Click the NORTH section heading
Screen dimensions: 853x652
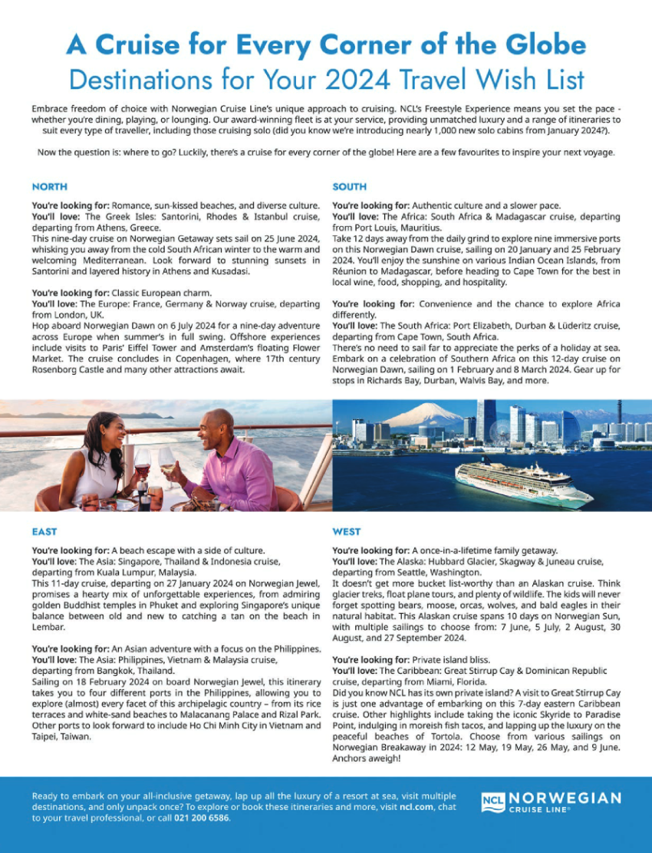coord(50,186)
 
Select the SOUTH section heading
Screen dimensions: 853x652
coord(349,186)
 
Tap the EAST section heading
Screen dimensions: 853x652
coord(44,531)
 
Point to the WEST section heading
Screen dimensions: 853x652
coord(347,531)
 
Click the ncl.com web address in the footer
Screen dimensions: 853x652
coord(399,807)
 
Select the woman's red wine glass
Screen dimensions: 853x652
coord(143,463)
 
